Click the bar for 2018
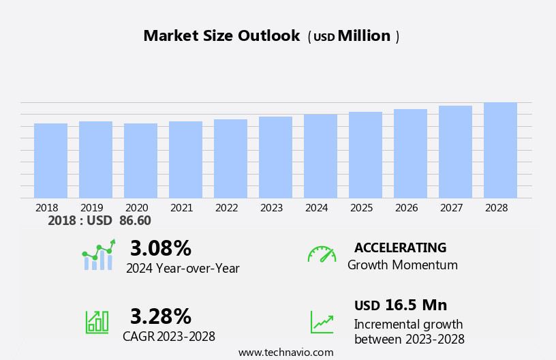click(x=50, y=161)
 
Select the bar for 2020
click(x=140, y=161)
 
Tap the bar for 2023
click(x=275, y=157)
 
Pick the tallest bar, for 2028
click(x=500, y=151)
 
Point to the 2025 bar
click(x=365, y=155)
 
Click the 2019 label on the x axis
click(x=92, y=207)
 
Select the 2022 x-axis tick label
click(x=227, y=207)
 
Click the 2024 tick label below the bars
click(x=317, y=207)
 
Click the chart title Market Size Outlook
click(x=221, y=36)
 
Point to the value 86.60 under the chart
click(x=135, y=221)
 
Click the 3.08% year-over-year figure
click(x=161, y=248)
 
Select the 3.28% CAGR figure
click(x=161, y=316)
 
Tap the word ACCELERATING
click(x=400, y=248)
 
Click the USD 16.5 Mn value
click(x=401, y=305)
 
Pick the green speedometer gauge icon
click(x=322, y=254)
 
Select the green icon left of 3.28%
click(x=97, y=321)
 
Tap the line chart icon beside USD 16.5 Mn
click(x=322, y=322)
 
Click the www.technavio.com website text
click(x=285, y=352)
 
